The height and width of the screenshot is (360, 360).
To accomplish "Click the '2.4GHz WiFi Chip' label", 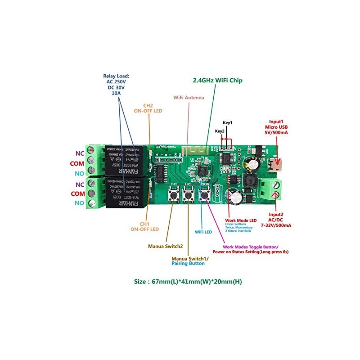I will click(217, 81).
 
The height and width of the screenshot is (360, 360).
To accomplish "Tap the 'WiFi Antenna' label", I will click(189, 97).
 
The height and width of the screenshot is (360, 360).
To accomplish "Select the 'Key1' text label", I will click(227, 122).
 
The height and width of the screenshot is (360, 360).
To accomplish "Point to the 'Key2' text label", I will click(220, 131).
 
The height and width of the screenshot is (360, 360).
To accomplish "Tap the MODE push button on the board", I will click(205, 194).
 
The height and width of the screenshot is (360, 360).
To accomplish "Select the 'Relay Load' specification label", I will click(116, 84).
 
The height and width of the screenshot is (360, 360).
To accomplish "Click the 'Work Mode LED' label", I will click(240, 220).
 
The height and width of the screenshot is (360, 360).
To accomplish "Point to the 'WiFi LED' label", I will click(204, 232).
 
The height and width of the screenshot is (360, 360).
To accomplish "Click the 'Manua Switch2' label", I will click(165, 246).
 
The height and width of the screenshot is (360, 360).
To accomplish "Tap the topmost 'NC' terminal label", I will click(80, 153).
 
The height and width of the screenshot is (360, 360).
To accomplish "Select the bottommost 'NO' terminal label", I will click(79, 204).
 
